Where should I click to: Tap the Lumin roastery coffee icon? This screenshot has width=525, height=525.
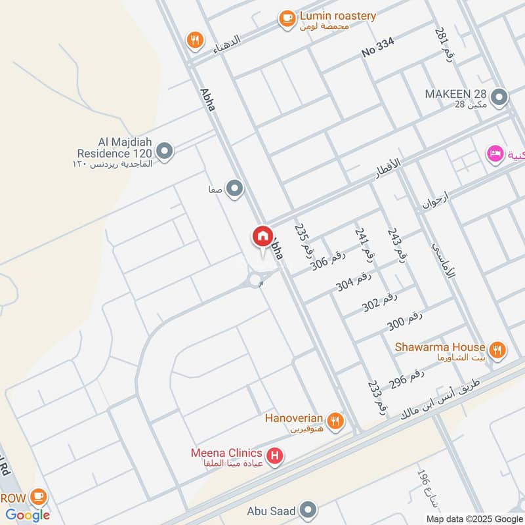[x=287, y=19]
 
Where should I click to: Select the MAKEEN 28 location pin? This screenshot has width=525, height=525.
[x=499, y=98]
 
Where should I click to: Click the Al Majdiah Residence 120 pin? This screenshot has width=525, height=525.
[x=165, y=152]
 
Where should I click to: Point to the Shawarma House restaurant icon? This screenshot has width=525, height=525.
[x=497, y=350]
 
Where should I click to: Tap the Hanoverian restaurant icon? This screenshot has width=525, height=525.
[x=336, y=421]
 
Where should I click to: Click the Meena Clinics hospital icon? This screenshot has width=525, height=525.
[x=275, y=454]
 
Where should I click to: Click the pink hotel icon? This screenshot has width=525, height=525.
[x=494, y=154]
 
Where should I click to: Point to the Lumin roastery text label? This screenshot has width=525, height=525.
[x=337, y=16]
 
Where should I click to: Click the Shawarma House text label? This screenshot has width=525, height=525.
[x=440, y=347]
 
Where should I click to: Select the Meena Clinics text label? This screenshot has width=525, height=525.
[x=226, y=453]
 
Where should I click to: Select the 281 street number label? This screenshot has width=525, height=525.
[x=441, y=42]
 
